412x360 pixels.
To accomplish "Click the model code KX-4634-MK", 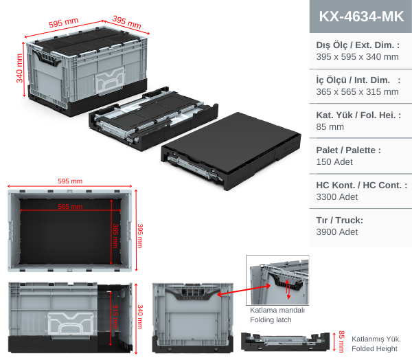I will click(360, 16).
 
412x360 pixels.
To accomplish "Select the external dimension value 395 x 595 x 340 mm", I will click(357, 57).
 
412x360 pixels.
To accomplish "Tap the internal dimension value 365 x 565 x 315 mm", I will click(357, 91).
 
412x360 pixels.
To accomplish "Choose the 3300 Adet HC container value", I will click(336, 196).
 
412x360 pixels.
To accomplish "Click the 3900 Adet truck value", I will click(336, 232).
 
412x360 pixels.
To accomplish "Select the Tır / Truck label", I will click(339, 220).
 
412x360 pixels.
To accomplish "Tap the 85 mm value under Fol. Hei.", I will click(330, 126).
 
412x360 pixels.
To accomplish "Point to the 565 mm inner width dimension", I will click(70, 206).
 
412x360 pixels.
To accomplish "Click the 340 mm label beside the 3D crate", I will click(20, 67).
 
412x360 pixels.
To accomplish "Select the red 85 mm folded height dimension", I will click(341, 341).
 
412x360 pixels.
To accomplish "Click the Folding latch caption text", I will click(271, 320).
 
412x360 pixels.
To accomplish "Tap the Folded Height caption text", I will click(376, 348).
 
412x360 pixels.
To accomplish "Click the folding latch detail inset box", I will click(277, 280).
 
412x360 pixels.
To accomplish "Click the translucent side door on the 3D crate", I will click(110, 81).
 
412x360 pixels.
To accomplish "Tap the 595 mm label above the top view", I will click(70, 181).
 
